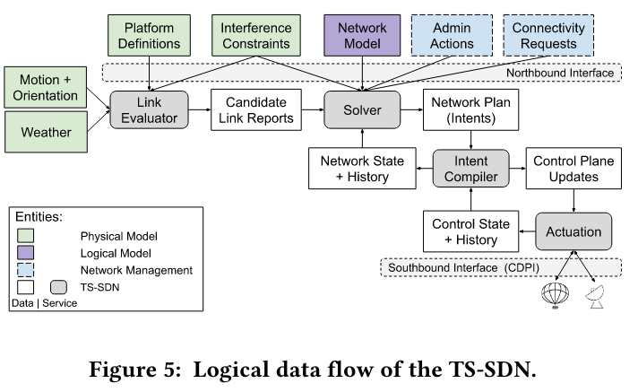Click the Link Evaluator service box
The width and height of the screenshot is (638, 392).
(149, 110)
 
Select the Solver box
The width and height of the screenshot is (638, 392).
(362, 110)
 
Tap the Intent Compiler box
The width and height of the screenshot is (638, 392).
(470, 169)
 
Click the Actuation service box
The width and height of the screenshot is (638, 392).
(573, 231)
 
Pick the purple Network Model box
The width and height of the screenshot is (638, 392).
(362, 36)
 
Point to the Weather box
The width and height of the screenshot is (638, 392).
(46, 132)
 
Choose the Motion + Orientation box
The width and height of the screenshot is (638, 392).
(46, 87)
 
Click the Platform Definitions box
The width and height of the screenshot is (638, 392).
(149, 36)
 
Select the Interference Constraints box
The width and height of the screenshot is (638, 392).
(256, 36)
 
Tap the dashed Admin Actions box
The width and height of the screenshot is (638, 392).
(452, 36)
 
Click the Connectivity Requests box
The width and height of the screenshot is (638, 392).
(548, 36)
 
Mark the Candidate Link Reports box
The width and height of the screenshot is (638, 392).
(256, 110)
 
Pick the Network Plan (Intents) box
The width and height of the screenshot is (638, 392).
(470, 110)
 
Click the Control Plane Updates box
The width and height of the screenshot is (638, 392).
(573, 169)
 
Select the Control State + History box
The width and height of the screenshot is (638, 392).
(470, 231)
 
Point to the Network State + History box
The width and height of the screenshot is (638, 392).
(362, 169)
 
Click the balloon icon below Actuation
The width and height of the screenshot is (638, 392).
(555, 295)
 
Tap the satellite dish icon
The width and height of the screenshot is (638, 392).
(595, 297)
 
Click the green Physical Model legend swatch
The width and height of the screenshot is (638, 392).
(25, 236)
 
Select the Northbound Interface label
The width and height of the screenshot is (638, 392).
(560, 73)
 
